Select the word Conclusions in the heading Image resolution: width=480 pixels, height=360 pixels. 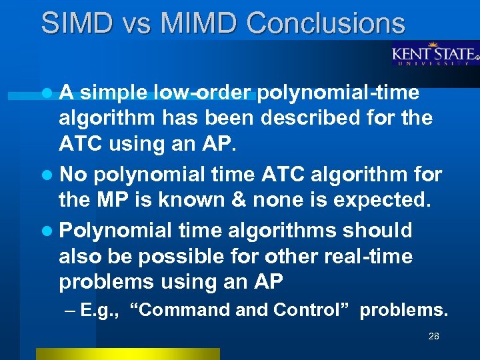pyautogui.click(x=325, y=23)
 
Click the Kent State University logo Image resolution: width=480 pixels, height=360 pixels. pyautogui.click(x=434, y=54)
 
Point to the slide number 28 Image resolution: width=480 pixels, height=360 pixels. pyautogui.click(x=433, y=337)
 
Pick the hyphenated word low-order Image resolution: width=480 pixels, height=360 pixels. pyautogui.click(x=203, y=93)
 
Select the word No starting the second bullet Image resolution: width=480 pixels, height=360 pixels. pyautogui.click(x=73, y=174)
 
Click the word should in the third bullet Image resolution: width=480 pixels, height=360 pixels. pyautogui.click(x=377, y=230)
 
